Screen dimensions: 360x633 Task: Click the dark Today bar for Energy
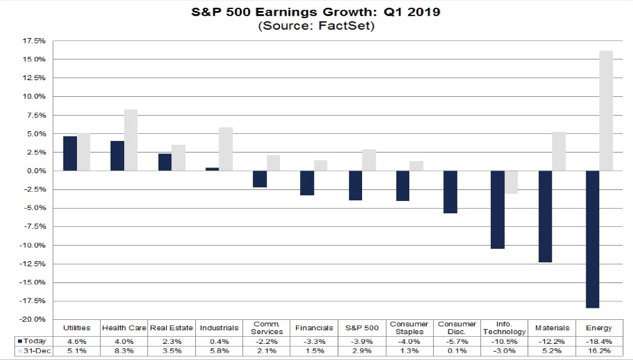(592, 239)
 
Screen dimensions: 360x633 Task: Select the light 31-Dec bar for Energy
(606, 111)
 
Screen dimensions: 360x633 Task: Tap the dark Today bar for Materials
(544, 217)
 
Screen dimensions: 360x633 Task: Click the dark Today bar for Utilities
(70, 154)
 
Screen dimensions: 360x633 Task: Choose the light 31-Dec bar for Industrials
(226, 149)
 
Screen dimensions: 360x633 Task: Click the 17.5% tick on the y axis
(35, 41)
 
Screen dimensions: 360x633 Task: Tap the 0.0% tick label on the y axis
(36, 171)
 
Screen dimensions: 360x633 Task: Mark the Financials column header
(314, 328)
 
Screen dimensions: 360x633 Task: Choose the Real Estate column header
(171, 328)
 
